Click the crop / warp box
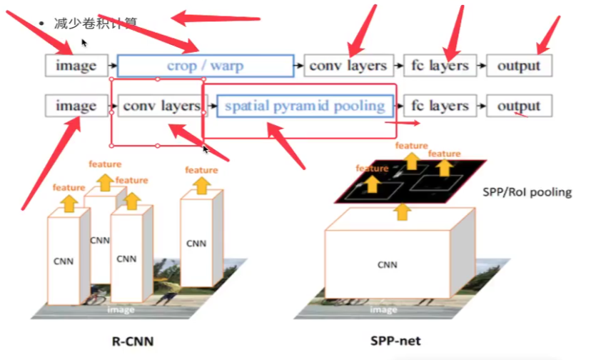[205, 66]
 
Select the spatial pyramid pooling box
[305, 106]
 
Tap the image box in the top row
[76, 66]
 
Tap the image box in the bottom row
[76, 106]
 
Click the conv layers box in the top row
[348, 66]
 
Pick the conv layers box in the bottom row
[160, 106]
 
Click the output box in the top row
[519, 66]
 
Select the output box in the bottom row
[519, 106]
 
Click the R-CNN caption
[133, 341]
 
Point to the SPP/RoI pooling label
[527, 192]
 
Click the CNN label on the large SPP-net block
[387, 265]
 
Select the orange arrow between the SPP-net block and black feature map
[403, 211]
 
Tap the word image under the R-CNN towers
[121, 309]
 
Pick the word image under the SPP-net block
[383, 309]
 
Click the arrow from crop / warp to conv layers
[298, 66]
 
